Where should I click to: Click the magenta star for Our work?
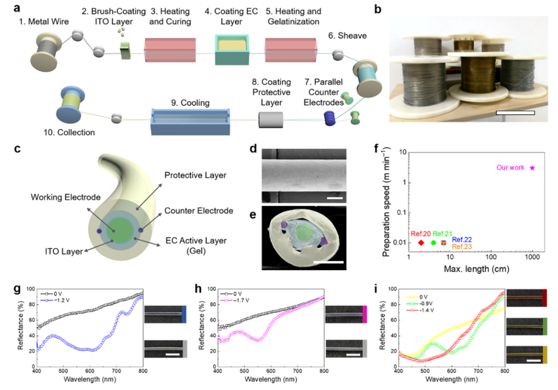tap(533, 168)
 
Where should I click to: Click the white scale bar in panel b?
tap(515, 113)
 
